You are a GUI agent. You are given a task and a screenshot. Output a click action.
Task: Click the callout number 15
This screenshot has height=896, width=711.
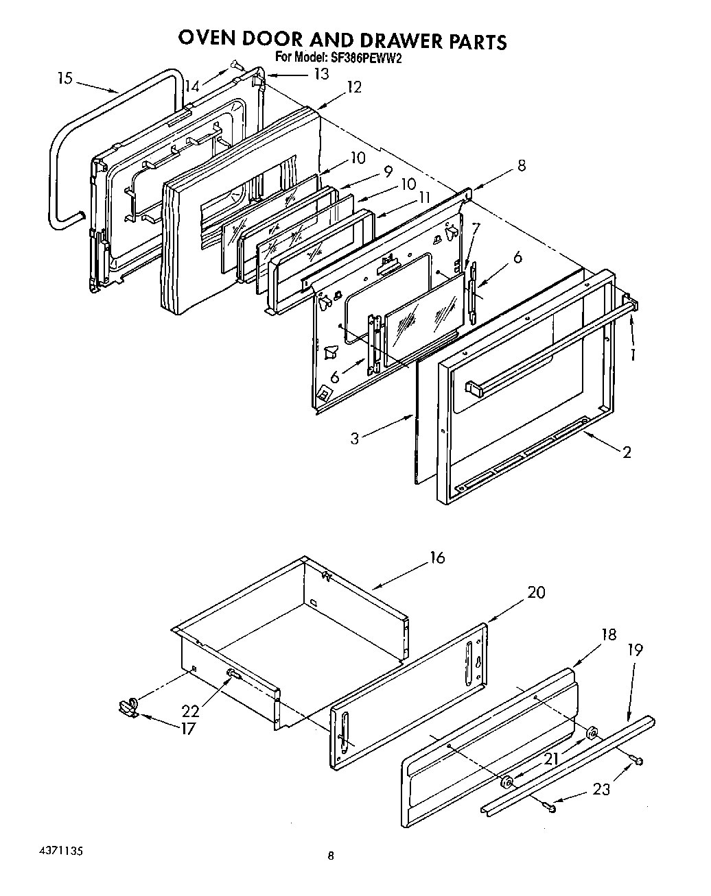[65, 79]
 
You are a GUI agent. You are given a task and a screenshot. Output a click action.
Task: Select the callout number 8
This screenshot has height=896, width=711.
[522, 165]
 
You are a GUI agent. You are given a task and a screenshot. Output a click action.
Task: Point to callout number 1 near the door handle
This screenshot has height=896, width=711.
[633, 354]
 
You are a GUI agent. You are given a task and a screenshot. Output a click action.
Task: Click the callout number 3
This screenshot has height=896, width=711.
[354, 438]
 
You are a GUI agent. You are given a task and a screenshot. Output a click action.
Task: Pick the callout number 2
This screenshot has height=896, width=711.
[627, 452]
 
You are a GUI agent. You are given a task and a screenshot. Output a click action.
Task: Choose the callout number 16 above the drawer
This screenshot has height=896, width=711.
[437, 557]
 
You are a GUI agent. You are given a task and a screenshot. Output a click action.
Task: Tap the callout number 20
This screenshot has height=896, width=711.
[536, 592]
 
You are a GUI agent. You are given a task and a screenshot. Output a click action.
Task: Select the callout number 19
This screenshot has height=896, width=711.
[636, 650]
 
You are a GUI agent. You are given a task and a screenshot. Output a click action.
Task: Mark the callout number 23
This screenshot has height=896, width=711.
[601, 789]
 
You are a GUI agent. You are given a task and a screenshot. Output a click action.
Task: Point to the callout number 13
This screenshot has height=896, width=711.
[321, 74]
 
